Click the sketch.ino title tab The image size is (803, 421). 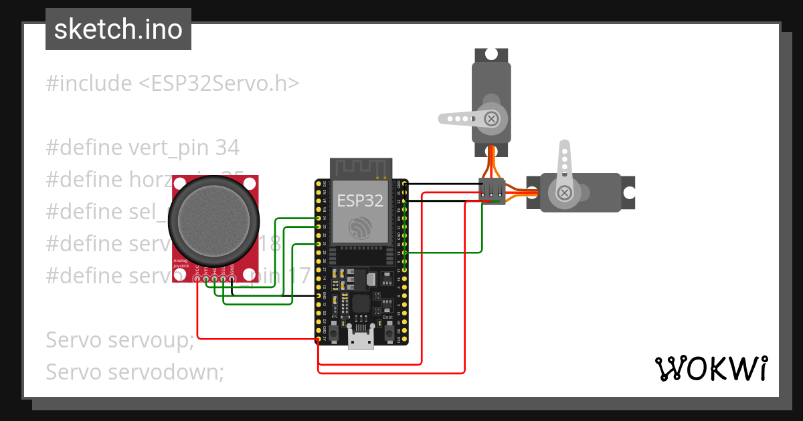(x=118, y=29)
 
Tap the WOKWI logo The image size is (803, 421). (x=711, y=368)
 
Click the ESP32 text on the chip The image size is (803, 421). (x=359, y=200)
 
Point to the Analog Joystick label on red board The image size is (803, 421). (x=181, y=263)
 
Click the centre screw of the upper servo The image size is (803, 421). (x=492, y=119)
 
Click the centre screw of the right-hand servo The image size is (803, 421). (x=564, y=193)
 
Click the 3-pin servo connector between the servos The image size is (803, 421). (x=494, y=190)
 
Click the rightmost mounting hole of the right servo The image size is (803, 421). (x=629, y=192)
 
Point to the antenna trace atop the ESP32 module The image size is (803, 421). (x=359, y=168)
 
